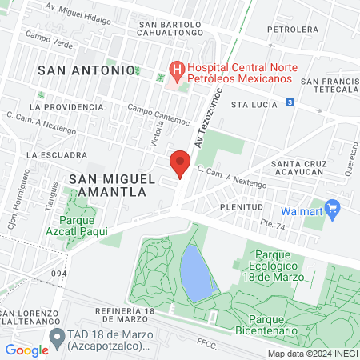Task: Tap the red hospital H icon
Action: (x=175, y=70)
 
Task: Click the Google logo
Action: (x=26, y=350)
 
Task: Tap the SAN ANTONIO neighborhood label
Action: (x=86, y=70)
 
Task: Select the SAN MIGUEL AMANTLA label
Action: (x=106, y=186)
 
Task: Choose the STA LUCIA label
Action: (x=252, y=104)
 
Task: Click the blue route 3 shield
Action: (x=290, y=102)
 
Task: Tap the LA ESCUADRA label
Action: (x=56, y=154)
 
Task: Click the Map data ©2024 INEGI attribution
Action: (x=312, y=354)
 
